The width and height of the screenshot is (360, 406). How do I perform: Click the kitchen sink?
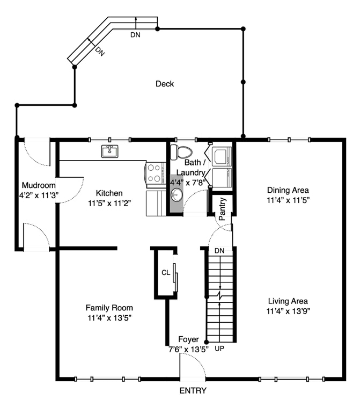coord(109,151)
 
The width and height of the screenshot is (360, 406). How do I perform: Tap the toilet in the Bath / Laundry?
coord(181,153)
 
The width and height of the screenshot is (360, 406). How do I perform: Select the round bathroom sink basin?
coord(177,194)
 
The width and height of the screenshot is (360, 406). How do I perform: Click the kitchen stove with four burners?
coord(155,173)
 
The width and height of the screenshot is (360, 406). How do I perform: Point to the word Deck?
coord(165,84)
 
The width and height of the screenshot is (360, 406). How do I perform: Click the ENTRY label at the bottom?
coord(193,390)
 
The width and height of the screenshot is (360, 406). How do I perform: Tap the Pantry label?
coord(222,209)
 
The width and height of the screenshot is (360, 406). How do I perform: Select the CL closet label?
coord(166,272)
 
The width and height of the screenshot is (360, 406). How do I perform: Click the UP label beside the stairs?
coord(219,349)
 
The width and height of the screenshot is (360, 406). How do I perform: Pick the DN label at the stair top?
coord(219,250)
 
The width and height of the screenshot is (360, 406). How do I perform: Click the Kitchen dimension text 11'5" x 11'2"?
coord(109,203)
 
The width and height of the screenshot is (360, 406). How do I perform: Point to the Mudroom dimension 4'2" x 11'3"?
coord(39,195)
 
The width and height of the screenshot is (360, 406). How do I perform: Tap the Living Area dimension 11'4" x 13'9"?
coord(288,311)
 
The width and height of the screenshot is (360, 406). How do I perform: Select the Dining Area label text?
coord(288,190)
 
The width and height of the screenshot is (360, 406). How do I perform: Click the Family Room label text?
coord(109,308)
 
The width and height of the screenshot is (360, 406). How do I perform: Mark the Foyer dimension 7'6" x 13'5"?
coord(188,349)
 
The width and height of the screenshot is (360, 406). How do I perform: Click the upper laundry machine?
coord(222,156)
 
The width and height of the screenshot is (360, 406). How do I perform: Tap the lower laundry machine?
coord(222,178)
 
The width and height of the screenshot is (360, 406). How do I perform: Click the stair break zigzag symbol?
coord(220,296)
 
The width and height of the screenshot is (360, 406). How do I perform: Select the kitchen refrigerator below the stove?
coord(156,203)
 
